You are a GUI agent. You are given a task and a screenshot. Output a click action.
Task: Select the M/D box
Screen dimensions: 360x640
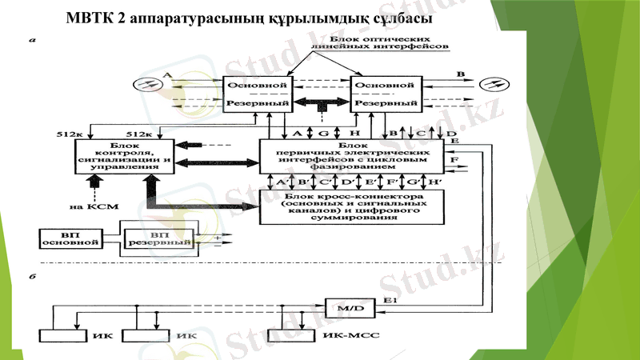pyautogui.click(x=345, y=306)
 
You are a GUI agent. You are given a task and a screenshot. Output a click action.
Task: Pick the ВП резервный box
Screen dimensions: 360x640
pyautogui.click(x=158, y=238)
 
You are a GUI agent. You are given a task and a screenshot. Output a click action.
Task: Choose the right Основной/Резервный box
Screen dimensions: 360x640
pyautogui.click(x=386, y=94)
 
